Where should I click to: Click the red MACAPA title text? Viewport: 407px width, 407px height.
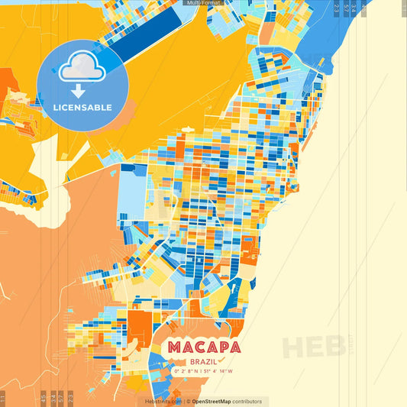pos(204,347)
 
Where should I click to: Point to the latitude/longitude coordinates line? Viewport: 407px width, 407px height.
pos(204,372)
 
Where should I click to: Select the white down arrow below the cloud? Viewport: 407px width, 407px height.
pos(79,90)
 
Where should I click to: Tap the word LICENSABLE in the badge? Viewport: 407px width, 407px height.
pos(82,108)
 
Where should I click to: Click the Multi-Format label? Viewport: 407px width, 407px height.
pos(203,3)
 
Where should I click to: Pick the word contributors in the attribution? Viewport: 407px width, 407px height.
pos(247,402)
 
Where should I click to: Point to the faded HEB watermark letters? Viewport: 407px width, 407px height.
pos(313,347)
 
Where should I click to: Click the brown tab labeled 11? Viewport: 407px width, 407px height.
pos(3,398)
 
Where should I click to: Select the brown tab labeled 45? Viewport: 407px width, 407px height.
pos(43,398)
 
